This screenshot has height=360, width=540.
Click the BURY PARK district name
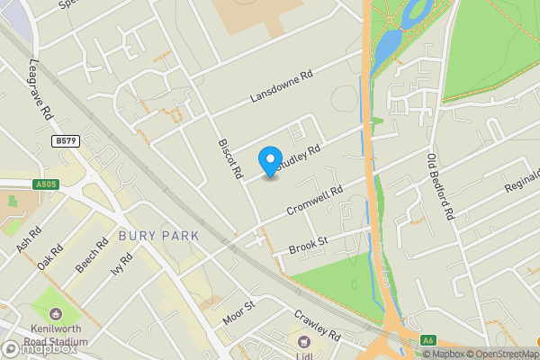click(157, 236)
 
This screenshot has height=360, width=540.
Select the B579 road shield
click(66, 141)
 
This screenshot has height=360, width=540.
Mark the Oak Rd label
click(50, 257)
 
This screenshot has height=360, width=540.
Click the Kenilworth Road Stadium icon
click(57, 315)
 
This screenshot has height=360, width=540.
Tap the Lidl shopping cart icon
click(304, 342)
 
